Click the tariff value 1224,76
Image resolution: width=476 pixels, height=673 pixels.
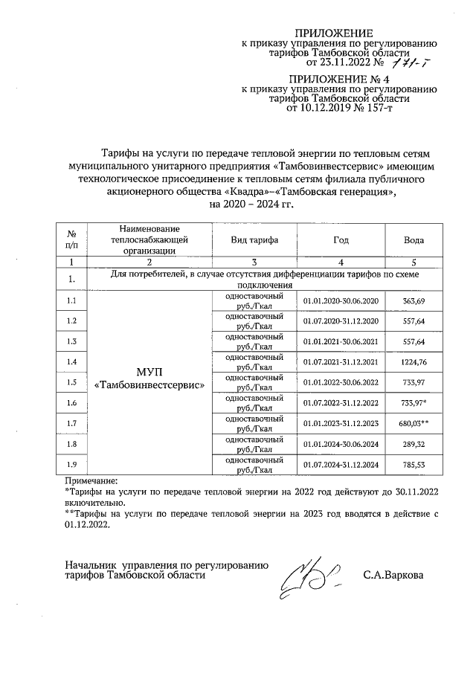point(414,362)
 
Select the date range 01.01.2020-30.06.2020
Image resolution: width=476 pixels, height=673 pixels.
point(341,300)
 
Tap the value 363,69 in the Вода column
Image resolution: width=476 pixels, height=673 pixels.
point(414,300)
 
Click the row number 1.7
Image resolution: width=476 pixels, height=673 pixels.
point(71,424)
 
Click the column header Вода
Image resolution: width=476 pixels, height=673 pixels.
point(414,240)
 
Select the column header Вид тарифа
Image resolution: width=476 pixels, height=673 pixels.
point(254,240)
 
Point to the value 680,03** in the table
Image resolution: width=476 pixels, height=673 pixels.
point(414,424)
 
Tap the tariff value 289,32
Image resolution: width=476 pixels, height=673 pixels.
point(414,445)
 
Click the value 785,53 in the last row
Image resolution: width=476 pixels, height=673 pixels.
point(414,466)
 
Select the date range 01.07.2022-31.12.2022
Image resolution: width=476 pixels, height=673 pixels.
point(341,403)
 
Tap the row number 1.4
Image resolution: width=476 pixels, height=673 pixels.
point(71,362)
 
